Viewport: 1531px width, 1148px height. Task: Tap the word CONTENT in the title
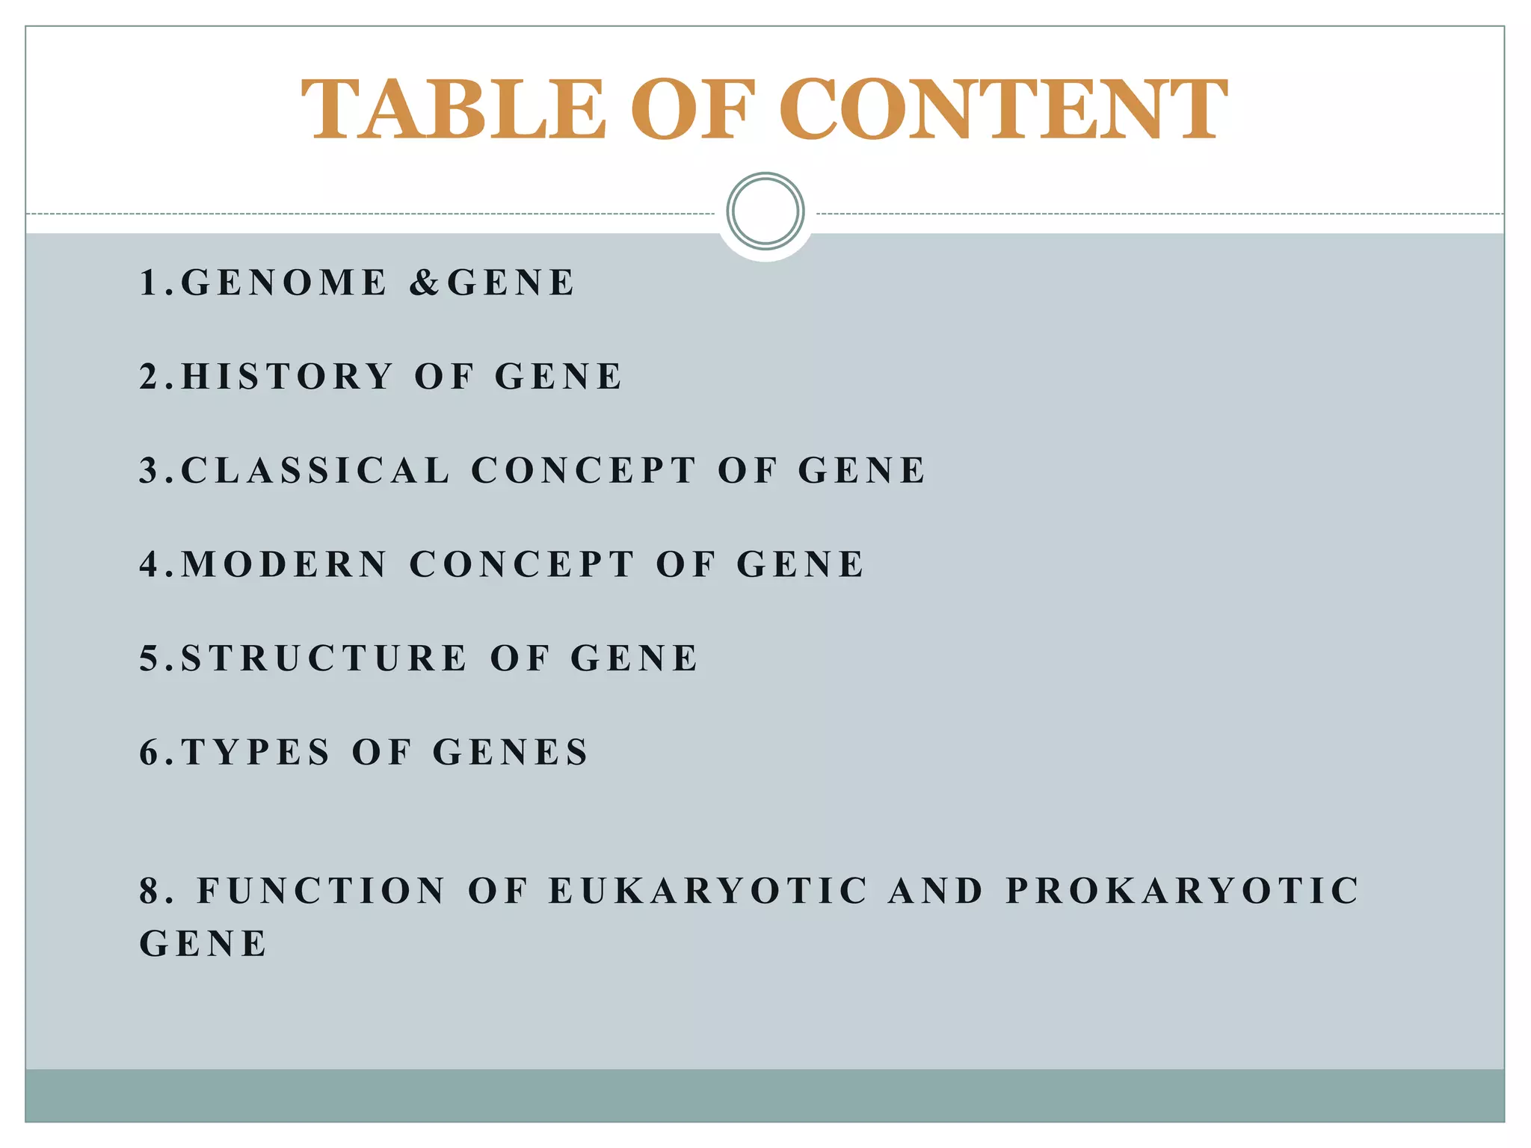(x=1003, y=109)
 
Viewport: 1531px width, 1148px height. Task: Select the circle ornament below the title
(x=765, y=211)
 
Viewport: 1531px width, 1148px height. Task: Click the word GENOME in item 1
(x=284, y=283)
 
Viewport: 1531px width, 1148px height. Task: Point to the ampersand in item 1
(x=425, y=283)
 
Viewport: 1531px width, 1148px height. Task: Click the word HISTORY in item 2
(x=287, y=376)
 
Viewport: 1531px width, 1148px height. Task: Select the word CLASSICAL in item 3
(x=315, y=470)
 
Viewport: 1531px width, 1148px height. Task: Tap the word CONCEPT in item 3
(x=583, y=470)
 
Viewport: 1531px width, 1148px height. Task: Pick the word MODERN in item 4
(x=284, y=564)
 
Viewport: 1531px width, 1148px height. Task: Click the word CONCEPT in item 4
(x=522, y=564)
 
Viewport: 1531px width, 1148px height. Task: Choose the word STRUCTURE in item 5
(x=324, y=658)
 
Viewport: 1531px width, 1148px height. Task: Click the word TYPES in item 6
(x=256, y=752)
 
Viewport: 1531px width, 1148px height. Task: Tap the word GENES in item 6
(x=511, y=752)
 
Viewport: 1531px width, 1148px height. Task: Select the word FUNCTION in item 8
(x=321, y=891)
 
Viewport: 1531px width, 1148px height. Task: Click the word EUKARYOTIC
(x=709, y=891)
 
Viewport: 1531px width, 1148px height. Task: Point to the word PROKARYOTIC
(x=1183, y=891)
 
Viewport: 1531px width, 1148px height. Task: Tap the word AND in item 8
(x=936, y=891)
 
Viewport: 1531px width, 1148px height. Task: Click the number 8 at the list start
(x=150, y=891)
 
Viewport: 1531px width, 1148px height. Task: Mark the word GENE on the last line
(x=203, y=943)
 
